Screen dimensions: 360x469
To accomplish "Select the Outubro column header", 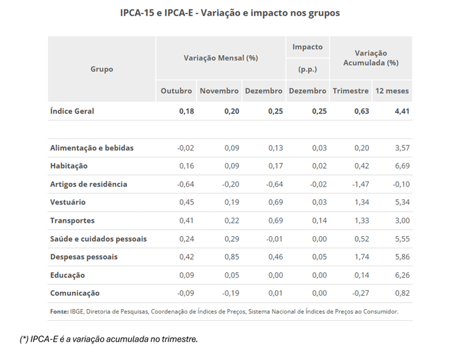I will click(x=176, y=91).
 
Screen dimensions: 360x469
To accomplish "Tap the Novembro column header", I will click(x=219, y=91).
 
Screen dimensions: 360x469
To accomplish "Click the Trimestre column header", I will click(x=351, y=91).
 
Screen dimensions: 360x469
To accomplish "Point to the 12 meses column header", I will click(x=392, y=91).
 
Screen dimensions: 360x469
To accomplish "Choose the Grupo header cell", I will click(x=101, y=69).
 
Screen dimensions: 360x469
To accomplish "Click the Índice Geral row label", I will click(x=72, y=111).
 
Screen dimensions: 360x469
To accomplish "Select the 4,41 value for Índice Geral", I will click(x=401, y=111).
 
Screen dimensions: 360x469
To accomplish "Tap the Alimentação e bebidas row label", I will click(x=92, y=148).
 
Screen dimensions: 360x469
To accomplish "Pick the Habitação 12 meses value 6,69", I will click(x=401, y=166).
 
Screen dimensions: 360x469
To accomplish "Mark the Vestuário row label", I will click(x=68, y=202).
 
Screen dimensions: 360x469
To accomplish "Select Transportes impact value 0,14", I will click(x=318, y=220).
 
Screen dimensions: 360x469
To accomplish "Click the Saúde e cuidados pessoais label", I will click(x=98, y=239).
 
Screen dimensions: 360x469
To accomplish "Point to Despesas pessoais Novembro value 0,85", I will click(x=231, y=257).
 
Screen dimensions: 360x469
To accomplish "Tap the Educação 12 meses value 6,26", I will click(x=401, y=275).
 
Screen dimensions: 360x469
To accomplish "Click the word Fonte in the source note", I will click(x=59, y=311).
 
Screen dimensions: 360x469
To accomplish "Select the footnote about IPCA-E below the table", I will click(x=109, y=339).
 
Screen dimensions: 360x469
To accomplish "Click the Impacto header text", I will click(x=307, y=47).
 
